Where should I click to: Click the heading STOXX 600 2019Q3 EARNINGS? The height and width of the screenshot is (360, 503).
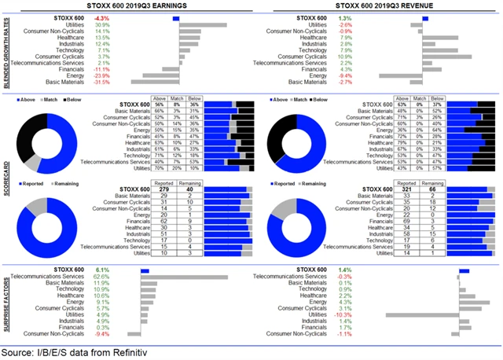click(x=124, y=6)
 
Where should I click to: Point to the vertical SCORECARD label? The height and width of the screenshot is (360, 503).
click(x=6, y=178)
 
